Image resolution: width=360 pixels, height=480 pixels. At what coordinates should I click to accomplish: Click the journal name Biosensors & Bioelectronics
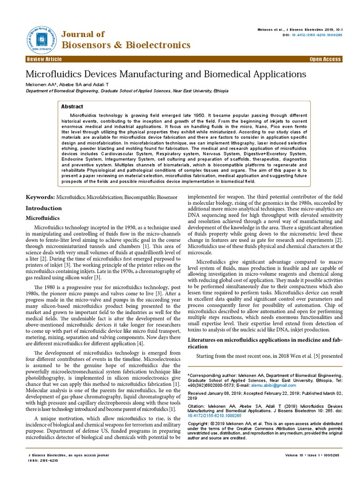126,45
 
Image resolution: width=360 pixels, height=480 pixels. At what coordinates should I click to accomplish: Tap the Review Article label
45,60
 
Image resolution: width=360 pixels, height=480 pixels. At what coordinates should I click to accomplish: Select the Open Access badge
325,60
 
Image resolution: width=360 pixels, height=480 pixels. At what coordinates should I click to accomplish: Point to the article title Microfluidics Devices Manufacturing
165,74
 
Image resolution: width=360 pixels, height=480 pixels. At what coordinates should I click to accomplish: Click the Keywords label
40,198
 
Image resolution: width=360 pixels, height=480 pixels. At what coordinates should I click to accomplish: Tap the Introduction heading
44,208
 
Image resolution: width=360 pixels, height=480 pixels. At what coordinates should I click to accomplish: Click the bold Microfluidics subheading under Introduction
42,218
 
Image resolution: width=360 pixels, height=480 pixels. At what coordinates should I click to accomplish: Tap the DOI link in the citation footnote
214,415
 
